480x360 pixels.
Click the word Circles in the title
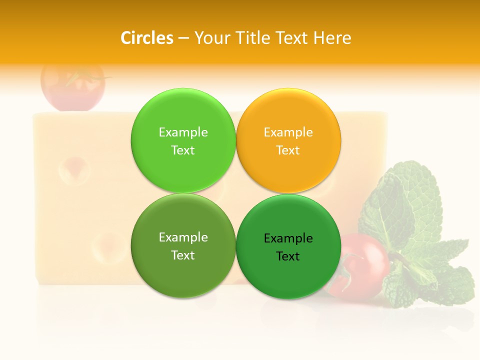[146, 38]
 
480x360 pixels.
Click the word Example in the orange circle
[288, 132]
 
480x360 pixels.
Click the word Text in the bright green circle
[183, 150]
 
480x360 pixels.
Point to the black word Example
[288, 238]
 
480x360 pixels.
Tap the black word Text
[288, 256]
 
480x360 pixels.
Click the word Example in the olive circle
[183, 237]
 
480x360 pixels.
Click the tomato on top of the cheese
[72, 86]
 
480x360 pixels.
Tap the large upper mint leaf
[405, 200]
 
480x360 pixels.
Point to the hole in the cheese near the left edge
[74, 170]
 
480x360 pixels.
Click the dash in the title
[183, 38]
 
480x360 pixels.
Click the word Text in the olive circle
[183, 255]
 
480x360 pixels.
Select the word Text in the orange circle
[288, 150]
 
